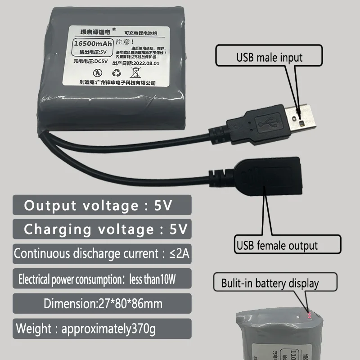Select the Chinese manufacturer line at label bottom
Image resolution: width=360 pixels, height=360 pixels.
coord(117,83)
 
